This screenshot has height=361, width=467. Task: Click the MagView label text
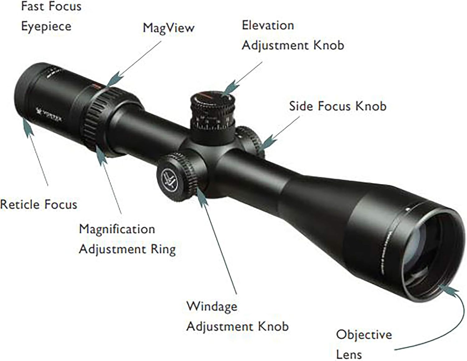coord(168,28)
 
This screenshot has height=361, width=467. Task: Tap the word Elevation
coord(268,25)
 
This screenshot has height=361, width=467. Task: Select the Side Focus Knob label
coord(337,106)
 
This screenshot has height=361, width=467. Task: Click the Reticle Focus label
coord(39,205)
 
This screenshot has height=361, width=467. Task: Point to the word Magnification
coord(117,229)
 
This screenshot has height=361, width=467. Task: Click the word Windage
coord(212,306)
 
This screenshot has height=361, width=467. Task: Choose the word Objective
coord(364,335)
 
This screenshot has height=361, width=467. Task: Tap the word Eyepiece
coord(46,26)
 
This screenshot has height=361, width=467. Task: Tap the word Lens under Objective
coord(349,354)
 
